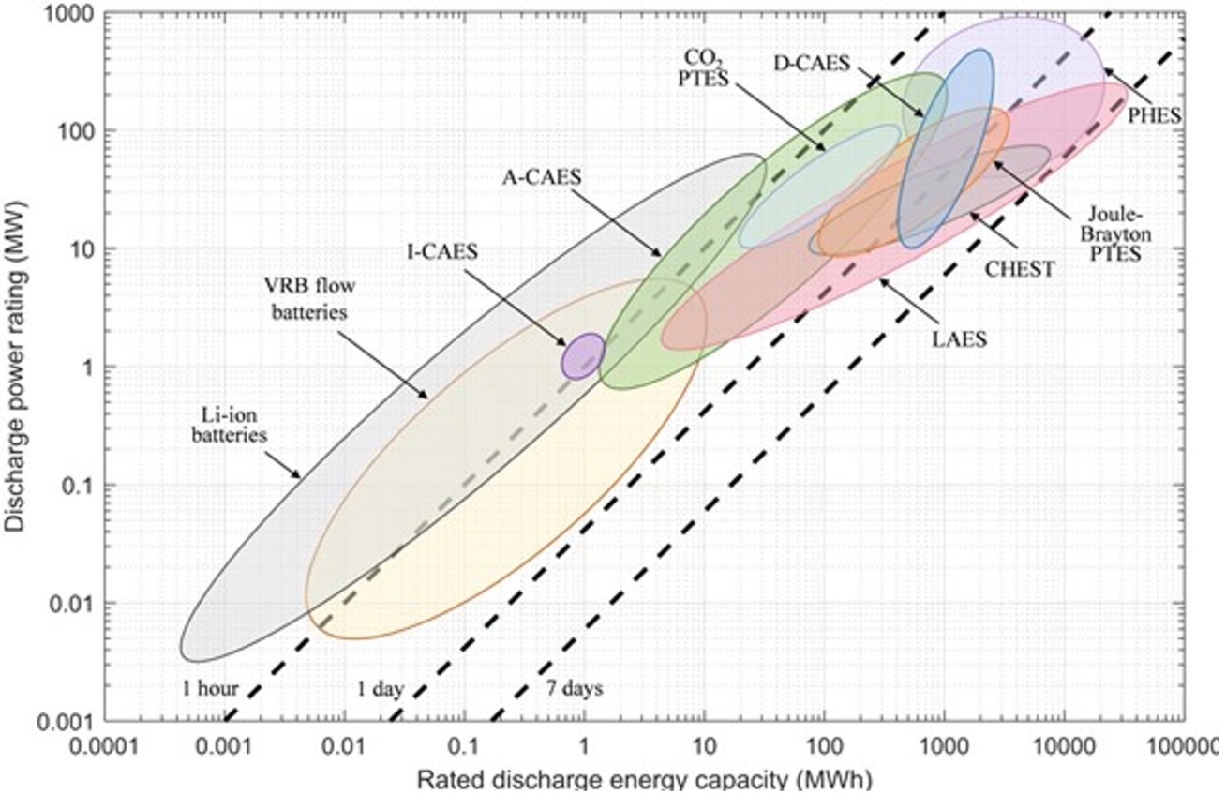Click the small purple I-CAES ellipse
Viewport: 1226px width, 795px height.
[x=582, y=356]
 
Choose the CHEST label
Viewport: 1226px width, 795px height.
[x=1020, y=270]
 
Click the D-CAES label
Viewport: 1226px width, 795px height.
[x=812, y=65]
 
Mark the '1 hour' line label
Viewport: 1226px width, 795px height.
[x=211, y=689]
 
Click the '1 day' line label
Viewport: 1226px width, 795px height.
[x=380, y=690]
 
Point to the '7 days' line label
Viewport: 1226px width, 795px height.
[x=574, y=689]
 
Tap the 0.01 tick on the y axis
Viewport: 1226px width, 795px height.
[x=74, y=603]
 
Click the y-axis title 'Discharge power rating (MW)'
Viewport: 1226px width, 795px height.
[x=16, y=366]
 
